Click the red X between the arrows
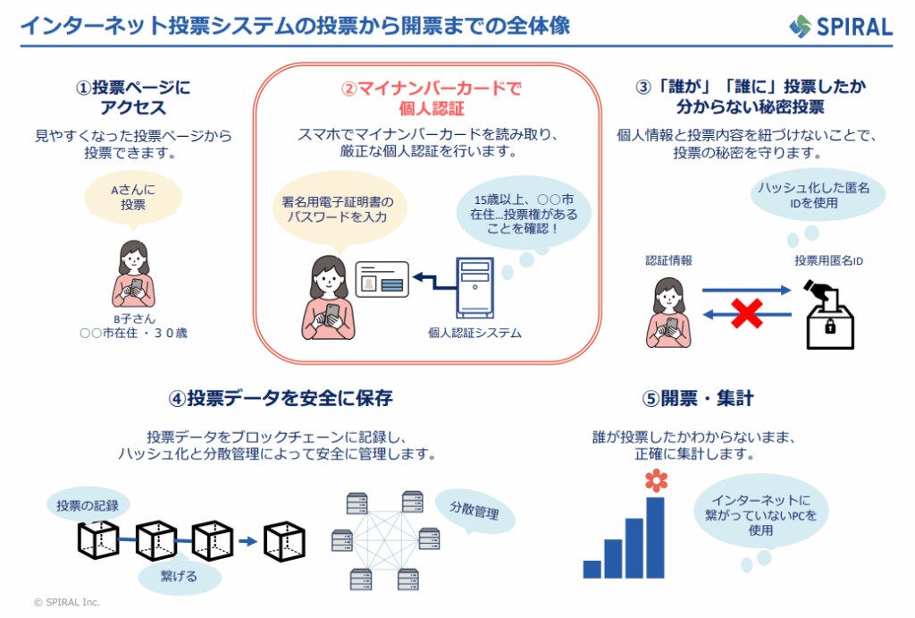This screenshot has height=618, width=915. [x=747, y=312]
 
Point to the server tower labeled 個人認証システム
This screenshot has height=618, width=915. [x=474, y=286]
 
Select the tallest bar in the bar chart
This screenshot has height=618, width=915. [x=655, y=537]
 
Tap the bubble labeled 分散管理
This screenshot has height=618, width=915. [x=473, y=512]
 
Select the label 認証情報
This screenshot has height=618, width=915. [x=668, y=261]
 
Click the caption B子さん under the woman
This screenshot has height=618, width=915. [x=133, y=319]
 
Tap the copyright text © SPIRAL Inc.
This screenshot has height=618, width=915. [x=67, y=602]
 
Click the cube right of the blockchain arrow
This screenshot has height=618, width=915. [x=284, y=540]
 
